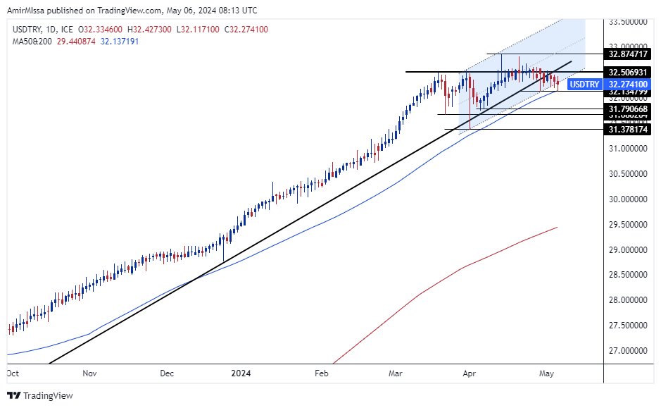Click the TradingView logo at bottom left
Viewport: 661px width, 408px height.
tap(40, 395)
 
